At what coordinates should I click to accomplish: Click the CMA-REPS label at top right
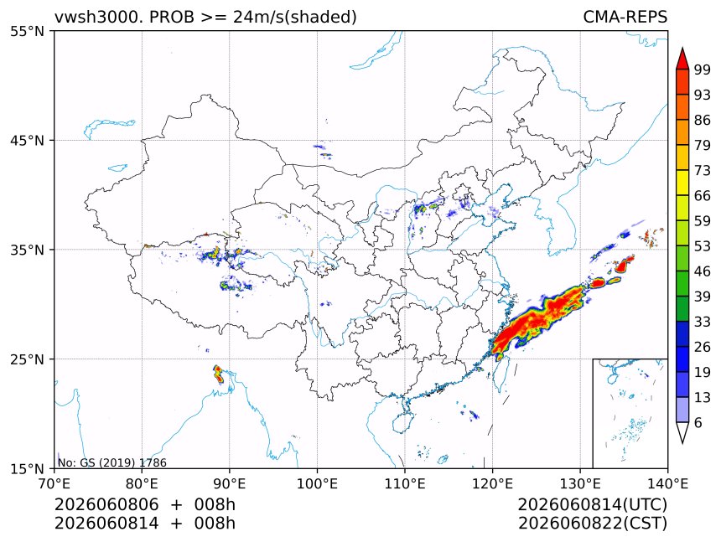click(x=625, y=17)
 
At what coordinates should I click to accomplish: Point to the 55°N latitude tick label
click(x=27, y=32)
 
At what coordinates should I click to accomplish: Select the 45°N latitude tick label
click(x=27, y=140)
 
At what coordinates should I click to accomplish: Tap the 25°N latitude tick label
click(x=27, y=359)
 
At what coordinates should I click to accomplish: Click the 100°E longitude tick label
click(x=317, y=483)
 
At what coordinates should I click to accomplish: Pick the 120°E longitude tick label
click(x=492, y=483)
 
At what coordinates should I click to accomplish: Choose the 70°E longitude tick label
click(x=54, y=483)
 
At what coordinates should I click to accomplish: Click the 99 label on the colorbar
click(x=703, y=70)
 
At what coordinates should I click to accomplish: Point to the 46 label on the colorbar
click(x=703, y=271)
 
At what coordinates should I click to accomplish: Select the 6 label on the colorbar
click(x=698, y=422)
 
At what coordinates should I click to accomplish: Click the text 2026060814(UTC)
click(x=592, y=505)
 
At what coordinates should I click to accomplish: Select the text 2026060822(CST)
click(x=592, y=524)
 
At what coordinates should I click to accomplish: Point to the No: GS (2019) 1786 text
click(x=112, y=462)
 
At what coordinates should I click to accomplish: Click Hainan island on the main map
click(x=402, y=422)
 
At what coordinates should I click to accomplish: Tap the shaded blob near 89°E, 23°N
click(x=218, y=374)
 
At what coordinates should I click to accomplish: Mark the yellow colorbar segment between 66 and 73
click(x=682, y=183)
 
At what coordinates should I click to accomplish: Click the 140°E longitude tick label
click(x=667, y=483)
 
